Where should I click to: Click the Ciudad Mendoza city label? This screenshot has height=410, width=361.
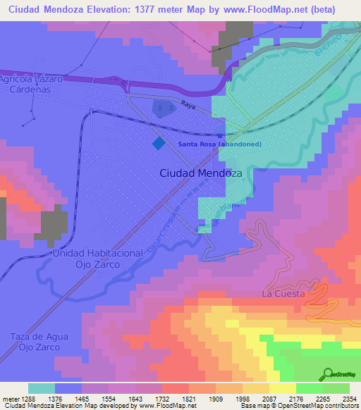201,173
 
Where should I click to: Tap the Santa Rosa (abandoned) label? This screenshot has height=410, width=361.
219,144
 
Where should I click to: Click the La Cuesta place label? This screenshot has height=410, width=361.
283,293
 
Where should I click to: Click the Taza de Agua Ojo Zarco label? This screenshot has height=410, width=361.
39,342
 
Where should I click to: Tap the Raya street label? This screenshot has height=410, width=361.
187,104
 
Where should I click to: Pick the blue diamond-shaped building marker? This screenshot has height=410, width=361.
159,142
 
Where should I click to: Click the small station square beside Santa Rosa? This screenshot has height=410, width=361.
221,137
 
